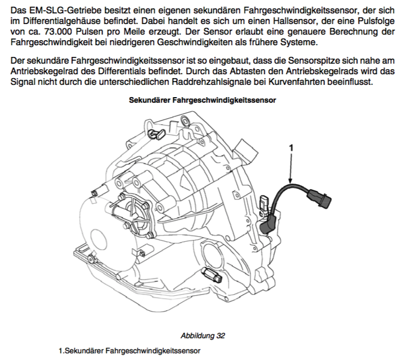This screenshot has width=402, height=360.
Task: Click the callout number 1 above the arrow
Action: [x=291, y=147]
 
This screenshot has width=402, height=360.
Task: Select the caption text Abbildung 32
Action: [x=202, y=335]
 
